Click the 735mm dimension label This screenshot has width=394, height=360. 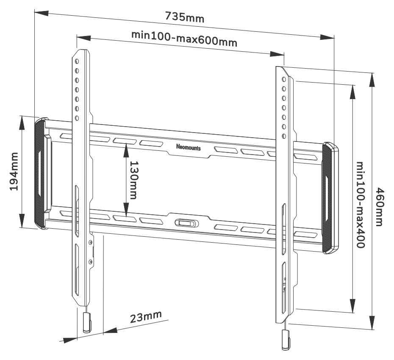click(184, 17)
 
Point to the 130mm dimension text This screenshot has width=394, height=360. click(134, 180)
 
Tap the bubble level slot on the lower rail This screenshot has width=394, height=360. click(186, 222)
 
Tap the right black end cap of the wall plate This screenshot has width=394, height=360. click(330, 199)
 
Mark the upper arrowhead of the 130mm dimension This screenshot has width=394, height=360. click(126, 148)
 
